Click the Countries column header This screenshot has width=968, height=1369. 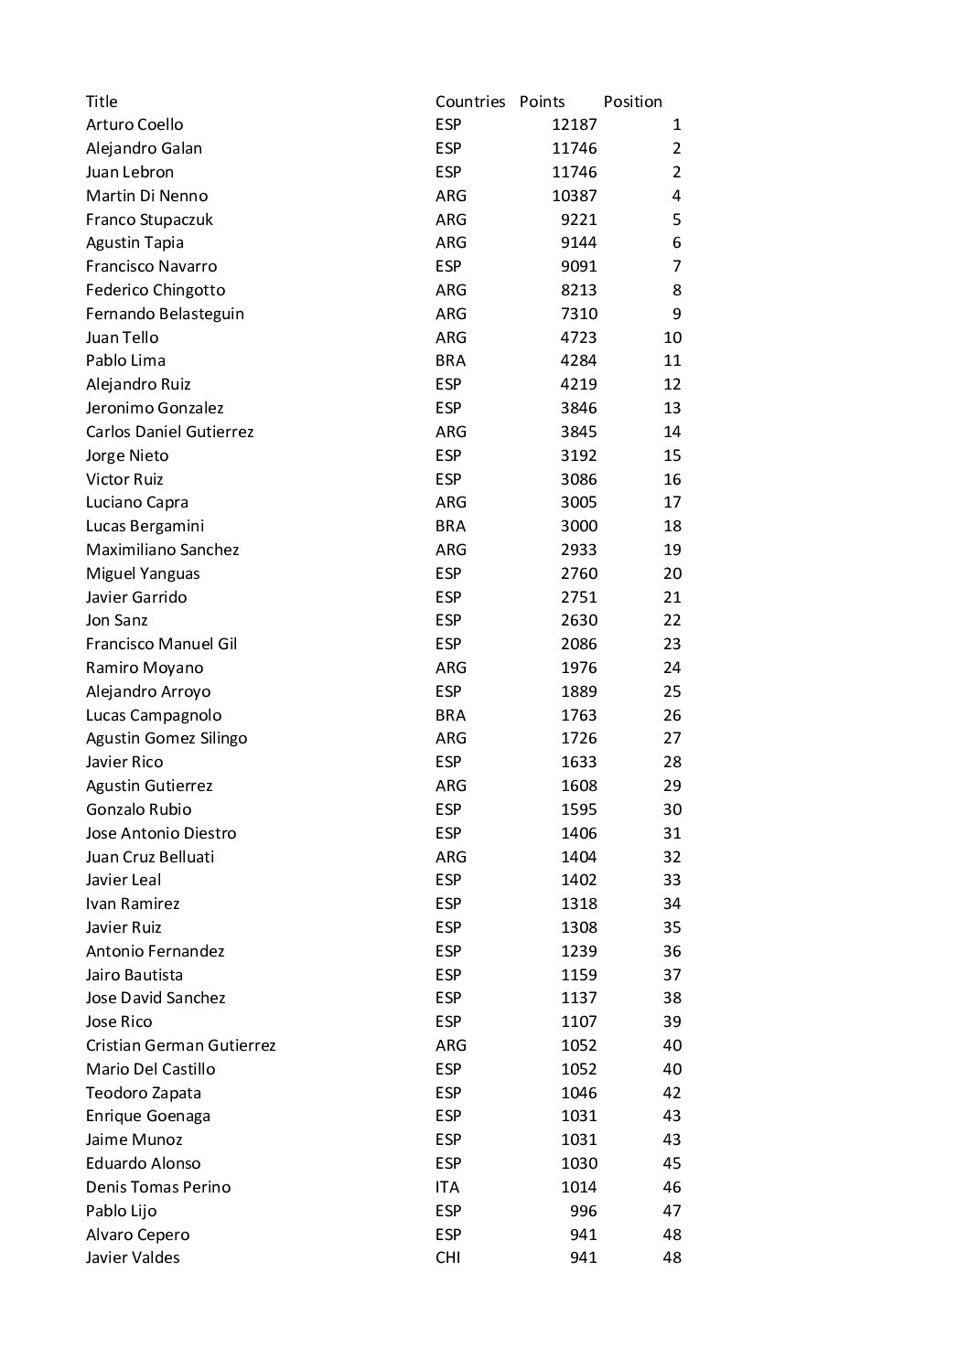pyautogui.click(x=470, y=102)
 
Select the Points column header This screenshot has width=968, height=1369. pyautogui.click(x=542, y=102)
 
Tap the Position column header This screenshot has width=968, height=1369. pyautogui.click(x=632, y=102)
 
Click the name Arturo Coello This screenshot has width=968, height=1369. pyautogui.click(x=134, y=124)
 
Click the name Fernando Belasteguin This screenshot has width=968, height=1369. pyautogui.click(x=165, y=314)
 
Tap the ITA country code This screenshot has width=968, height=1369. pyautogui.click(x=447, y=1187)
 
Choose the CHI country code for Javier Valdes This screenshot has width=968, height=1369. pyautogui.click(x=448, y=1257)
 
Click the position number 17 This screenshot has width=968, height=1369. pyautogui.click(x=672, y=502)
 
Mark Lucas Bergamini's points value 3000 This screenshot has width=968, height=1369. pyautogui.click(x=578, y=526)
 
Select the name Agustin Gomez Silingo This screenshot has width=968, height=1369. pyautogui.click(x=167, y=738)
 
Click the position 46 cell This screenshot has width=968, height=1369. pyautogui.click(x=672, y=1187)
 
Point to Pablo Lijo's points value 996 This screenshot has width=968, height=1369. pyautogui.click(x=583, y=1211)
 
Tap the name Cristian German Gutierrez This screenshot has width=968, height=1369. pyautogui.click(x=180, y=1045)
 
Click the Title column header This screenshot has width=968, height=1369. pyautogui.click(x=102, y=102)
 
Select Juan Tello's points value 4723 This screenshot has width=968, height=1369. pyautogui.click(x=578, y=337)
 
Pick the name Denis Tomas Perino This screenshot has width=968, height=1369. pyautogui.click(x=158, y=1187)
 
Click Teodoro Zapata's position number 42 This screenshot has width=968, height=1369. pyautogui.click(x=672, y=1093)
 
